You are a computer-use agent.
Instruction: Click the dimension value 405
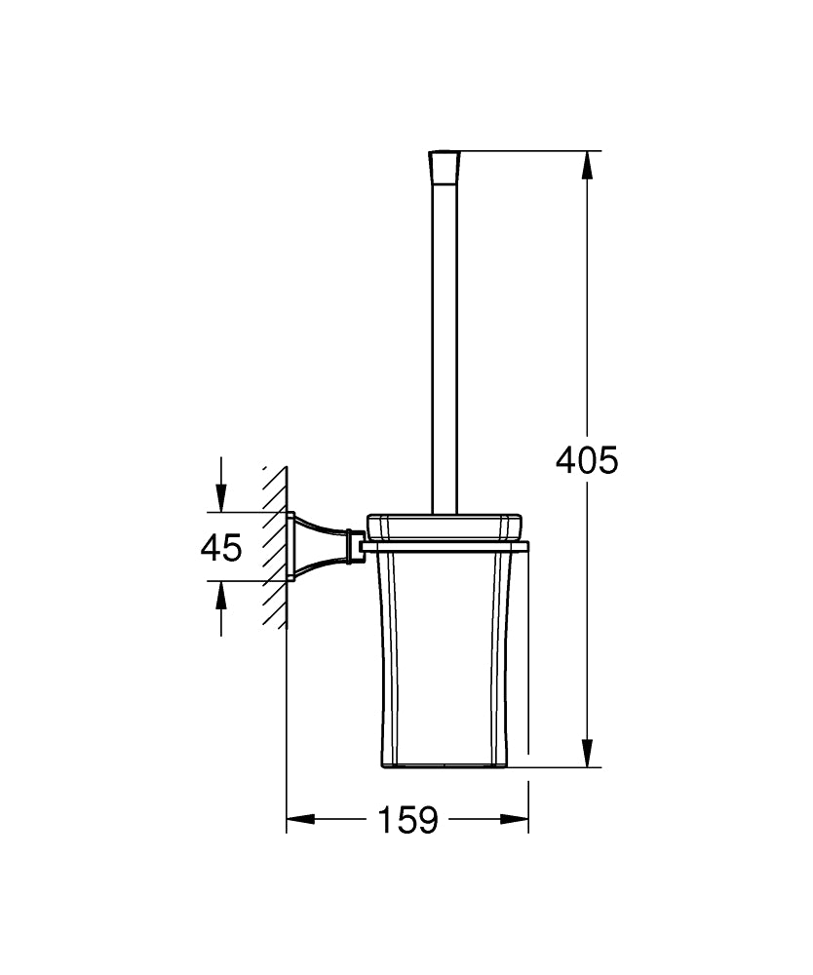(587, 459)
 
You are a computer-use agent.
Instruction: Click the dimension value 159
(407, 820)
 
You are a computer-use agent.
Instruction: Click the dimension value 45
(221, 548)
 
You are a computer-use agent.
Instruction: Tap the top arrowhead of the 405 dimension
(587, 167)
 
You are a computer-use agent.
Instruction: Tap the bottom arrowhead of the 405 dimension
(587, 752)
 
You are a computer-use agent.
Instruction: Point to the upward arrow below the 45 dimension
(222, 597)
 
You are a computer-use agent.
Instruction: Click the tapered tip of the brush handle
(444, 169)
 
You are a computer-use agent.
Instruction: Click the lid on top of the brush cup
(445, 524)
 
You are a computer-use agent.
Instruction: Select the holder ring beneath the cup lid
(445, 544)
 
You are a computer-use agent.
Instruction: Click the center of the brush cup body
(445, 653)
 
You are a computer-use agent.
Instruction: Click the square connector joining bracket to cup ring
(357, 546)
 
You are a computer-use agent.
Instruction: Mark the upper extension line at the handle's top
(526, 151)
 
